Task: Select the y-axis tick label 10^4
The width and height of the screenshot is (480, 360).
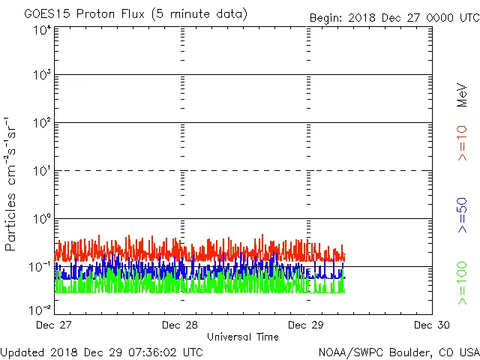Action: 42,29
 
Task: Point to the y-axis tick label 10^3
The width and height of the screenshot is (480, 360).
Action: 42,76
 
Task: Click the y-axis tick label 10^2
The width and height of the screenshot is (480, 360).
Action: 42,124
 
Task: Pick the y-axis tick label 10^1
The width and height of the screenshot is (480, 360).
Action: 42,172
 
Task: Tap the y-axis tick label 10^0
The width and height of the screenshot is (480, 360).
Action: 42,220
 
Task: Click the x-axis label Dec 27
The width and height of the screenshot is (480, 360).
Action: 55,325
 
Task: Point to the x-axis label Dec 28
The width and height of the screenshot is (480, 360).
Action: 181,325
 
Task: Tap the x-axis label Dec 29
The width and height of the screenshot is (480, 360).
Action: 307,325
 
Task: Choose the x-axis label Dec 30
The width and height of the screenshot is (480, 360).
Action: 433,325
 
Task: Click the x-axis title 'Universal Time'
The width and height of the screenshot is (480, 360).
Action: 243,337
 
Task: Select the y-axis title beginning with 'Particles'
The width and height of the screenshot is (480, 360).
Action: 10,184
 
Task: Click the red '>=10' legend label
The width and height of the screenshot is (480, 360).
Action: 463,143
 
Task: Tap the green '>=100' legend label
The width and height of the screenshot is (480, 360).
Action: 463,283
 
